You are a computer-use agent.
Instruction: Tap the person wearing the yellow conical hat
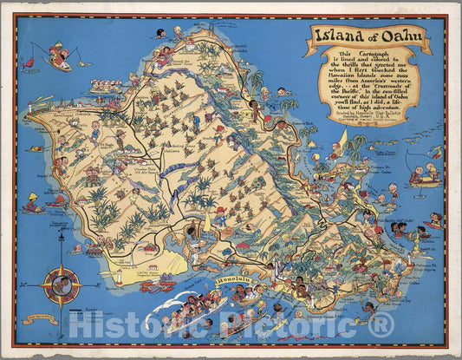point(32,205)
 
